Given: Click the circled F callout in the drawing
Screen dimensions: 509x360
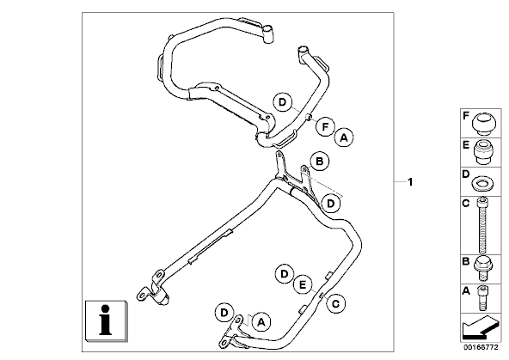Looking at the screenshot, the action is [x=325, y=126].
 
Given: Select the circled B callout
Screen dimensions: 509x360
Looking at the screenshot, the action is [x=320, y=162].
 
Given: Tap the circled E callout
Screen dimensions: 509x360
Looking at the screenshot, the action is [x=303, y=284].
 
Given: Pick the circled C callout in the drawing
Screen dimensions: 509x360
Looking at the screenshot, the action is [x=335, y=303].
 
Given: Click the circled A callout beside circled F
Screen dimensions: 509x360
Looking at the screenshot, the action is [x=344, y=137].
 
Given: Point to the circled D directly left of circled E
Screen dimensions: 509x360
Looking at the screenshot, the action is [x=285, y=274].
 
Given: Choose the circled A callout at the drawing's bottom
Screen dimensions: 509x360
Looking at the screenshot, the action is [x=261, y=322].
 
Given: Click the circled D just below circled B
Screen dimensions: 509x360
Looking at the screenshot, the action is [x=330, y=204].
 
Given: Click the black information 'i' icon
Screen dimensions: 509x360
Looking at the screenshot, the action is [x=105, y=320].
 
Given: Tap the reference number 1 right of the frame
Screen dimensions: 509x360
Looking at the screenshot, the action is [x=410, y=182].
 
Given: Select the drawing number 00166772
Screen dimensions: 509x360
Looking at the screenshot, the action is [x=481, y=347].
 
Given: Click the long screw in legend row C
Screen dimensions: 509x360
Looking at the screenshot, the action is [x=482, y=225].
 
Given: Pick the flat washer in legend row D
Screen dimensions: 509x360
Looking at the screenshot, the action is [x=482, y=183].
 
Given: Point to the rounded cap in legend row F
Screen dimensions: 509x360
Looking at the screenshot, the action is [x=483, y=122].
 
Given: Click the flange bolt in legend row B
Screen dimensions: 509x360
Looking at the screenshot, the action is [x=483, y=269].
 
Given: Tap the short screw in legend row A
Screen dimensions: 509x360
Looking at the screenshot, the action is [x=482, y=297].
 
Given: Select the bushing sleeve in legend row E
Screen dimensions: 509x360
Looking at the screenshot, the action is [x=482, y=152].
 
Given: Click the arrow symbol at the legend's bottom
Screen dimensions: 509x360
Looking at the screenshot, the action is [x=481, y=327].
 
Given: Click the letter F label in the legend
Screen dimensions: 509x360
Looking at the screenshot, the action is [x=465, y=116].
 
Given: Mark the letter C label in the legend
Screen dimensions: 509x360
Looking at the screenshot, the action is [x=465, y=204].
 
